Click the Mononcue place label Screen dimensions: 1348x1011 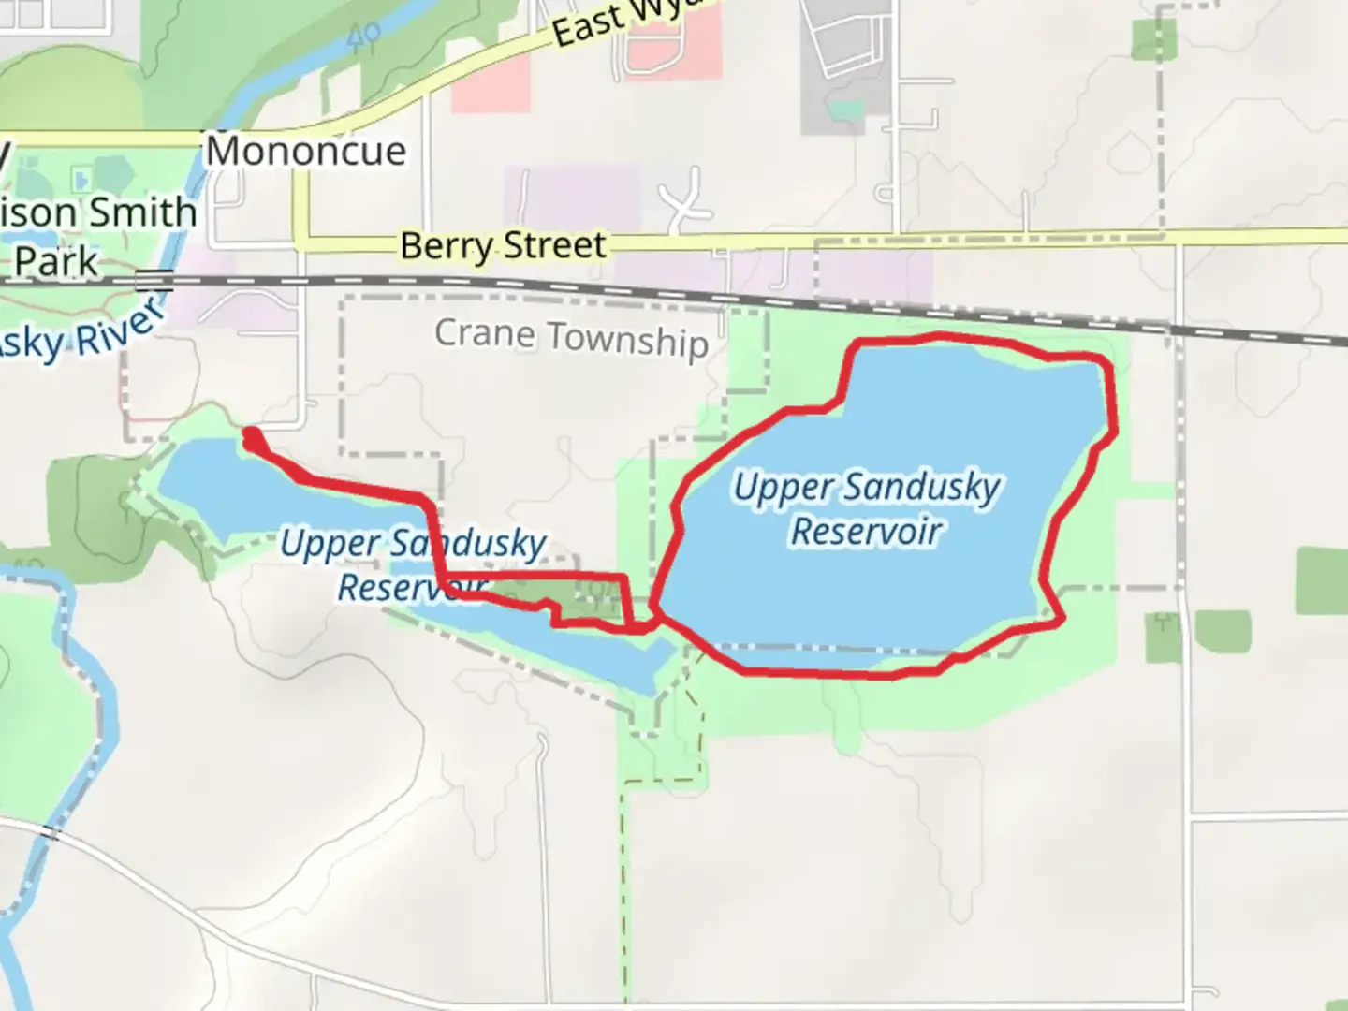[306, 151]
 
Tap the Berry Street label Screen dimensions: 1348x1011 [504, 245]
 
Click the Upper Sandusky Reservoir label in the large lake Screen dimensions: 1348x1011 [867, 509]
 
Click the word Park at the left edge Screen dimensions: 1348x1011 [56, 262]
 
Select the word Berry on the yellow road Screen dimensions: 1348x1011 [446, 246]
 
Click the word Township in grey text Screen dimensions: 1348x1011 [627, 340]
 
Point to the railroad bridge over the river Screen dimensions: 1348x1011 [154, 279]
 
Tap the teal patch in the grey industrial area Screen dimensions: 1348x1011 [846, 110]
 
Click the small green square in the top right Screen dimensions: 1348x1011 [1153, 39]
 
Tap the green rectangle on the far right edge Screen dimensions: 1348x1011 [1321, 580]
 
